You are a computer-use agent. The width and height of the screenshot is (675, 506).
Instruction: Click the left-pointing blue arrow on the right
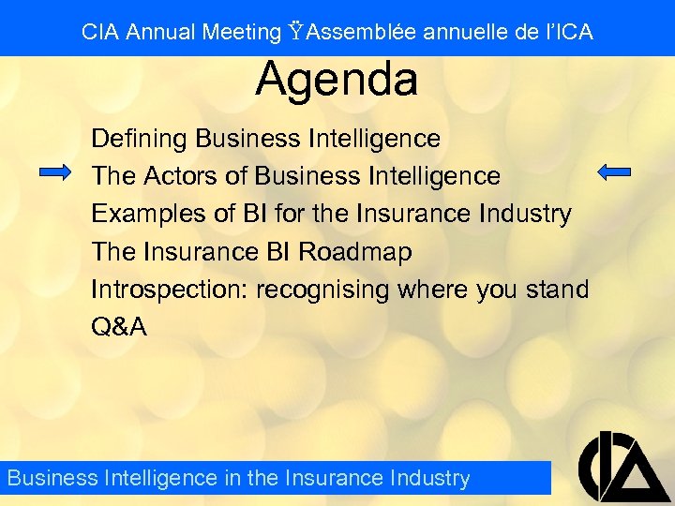614,171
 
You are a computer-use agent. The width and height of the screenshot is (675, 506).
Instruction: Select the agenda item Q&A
119,328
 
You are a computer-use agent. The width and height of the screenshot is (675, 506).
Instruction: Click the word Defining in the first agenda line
140,139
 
